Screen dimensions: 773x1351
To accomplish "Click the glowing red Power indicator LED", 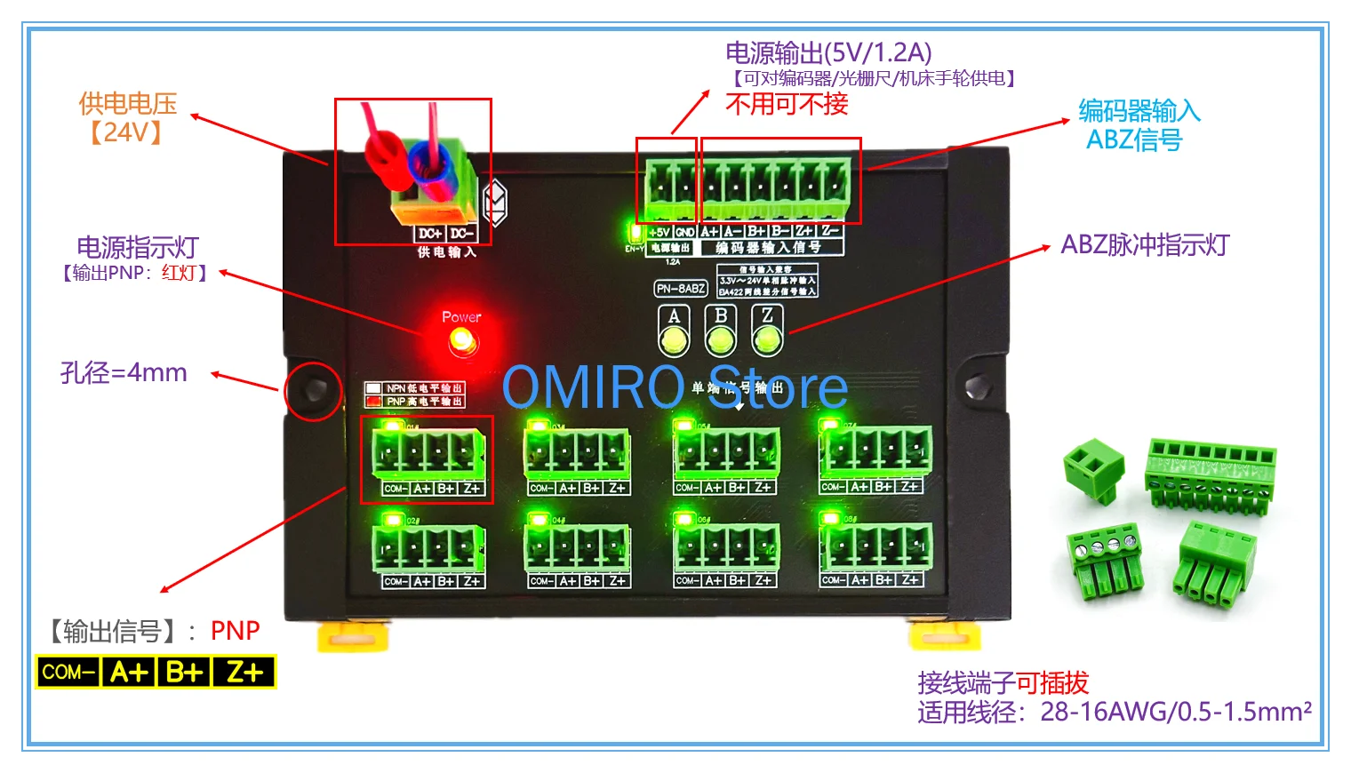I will pos(462,340).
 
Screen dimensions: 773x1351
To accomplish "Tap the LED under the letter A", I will pos(674,339).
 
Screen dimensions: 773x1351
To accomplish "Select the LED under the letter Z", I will pos(767,339).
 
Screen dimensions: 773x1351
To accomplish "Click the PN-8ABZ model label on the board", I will pos(682,288).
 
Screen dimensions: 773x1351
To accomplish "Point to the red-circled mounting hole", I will pos(314,390).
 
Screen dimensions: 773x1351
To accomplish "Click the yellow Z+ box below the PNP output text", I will pos(244,672).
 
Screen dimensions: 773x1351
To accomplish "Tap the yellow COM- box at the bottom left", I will pos(68,672).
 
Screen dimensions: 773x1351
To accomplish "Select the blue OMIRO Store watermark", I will pos(675,387).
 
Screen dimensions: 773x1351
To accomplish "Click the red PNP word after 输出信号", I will pos(235,631).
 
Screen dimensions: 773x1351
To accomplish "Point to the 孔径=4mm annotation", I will pos(124,372).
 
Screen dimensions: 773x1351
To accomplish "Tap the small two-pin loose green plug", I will pos(1095,469).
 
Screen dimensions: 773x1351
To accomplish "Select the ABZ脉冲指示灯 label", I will pos(1145,245).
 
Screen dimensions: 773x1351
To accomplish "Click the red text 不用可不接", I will pos(787,105).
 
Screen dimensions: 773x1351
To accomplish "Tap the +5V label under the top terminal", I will pos(660,232).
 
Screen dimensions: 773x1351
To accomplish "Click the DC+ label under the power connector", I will pos(430,234).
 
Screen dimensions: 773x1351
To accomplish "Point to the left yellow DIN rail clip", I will pos(354,635).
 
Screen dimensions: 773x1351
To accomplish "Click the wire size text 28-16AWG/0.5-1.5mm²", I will pos(1176,712).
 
